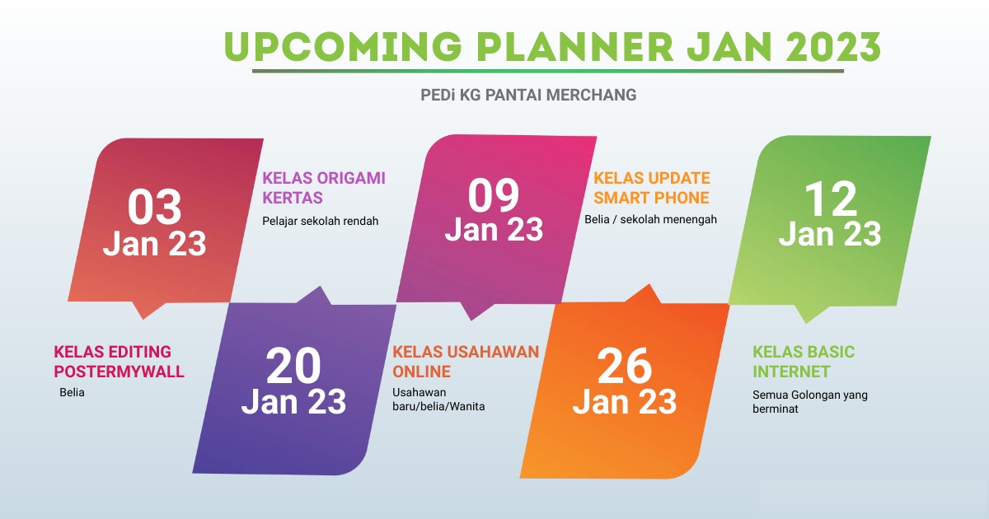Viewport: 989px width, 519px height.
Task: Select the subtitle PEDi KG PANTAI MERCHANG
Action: pyautogui.click(x=528, y=95)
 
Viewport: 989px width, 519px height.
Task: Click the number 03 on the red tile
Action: pyautogui.click(x=155, y=207)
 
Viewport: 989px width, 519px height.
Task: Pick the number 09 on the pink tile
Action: pyautogui.click(x=494, y=195)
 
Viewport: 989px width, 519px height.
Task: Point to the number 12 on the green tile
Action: pyautogui.click(x=831, y=199)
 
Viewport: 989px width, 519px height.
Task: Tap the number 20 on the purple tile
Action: pyautogui.click(x=293, y=366)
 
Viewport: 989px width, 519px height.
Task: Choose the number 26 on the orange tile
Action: pyautogui.click(x=625, y=366)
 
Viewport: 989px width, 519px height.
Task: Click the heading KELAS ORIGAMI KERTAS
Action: pyautogui.click(x=324, y=188)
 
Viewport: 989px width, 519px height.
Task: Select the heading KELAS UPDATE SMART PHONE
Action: pyautogui.click(x=652, y=188)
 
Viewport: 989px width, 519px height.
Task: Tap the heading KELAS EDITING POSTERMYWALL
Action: pyautogui.click(x=119, y=362)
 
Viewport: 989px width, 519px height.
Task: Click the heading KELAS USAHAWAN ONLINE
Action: pyautogui.click(x=466, y=362)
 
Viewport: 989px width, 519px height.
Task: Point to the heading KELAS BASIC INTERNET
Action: pyautogui.click(x=804, y=362)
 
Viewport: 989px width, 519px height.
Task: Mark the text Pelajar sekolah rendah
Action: pyautogui.click(x=320, y=221)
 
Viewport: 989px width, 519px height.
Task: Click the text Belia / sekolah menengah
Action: pyautogui.click(x=650, y=219)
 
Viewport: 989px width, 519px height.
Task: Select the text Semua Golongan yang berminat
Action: pyautogui.click(x=809, y=402)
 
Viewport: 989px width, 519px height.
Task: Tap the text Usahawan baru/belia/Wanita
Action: pyautogui.click(x=438, y=400)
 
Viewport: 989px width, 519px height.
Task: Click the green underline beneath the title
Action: pyautogui.click(x=548, y=71)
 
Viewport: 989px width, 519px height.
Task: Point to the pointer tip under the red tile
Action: pyautogui.click(x=143, y=319)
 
